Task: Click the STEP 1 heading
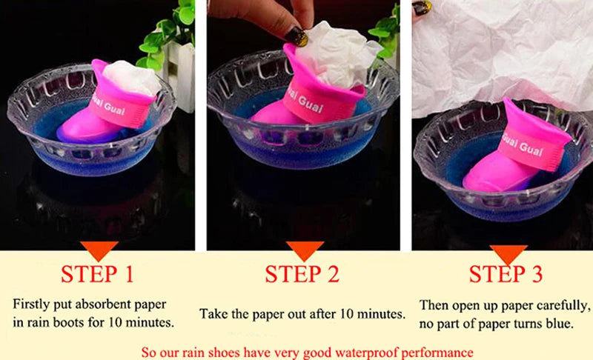tap(97, 274)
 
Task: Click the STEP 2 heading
tap(302, 274)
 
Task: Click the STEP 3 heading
tap(506, 274)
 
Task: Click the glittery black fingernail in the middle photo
tap(296, 36)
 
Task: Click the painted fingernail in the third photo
tap(422, 7)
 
